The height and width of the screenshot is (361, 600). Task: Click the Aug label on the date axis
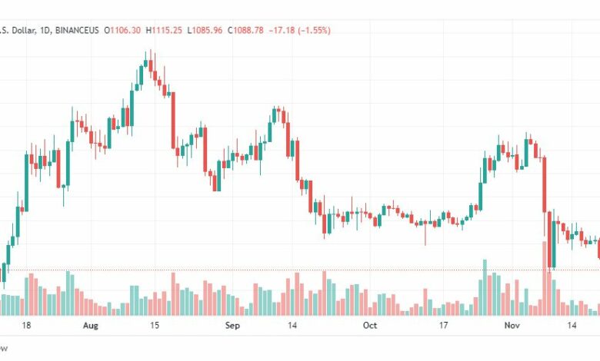tap(90, 326)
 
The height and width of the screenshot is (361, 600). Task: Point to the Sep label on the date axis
tap(232, 326)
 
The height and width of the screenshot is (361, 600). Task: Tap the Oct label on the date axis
tap(370, 326)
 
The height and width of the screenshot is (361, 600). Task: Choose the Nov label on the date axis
tap(512, 326)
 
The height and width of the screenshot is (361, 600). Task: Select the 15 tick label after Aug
tap(155, 326)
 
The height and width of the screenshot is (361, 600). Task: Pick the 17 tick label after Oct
tap(443, 326)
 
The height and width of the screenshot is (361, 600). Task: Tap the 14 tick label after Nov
tap(572, 326)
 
